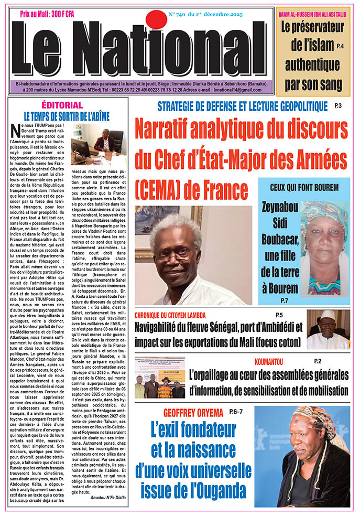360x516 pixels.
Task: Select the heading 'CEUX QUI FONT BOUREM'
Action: coord(311,188)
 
